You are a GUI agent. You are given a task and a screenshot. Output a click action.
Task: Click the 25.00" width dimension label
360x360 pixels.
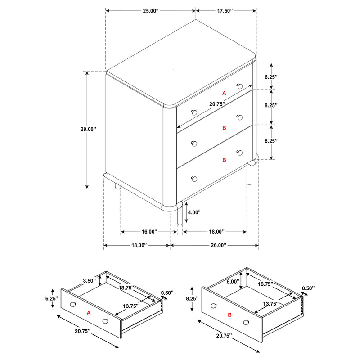click(151, 10)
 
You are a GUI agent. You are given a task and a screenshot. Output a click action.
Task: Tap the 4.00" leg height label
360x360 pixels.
click(193, 212)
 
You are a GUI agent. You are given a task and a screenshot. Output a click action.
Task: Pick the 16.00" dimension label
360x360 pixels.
click(149, 232)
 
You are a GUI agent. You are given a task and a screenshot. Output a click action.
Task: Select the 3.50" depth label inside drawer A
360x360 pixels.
click(89, 281)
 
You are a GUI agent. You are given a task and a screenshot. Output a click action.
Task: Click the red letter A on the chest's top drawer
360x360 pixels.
click(224, 93)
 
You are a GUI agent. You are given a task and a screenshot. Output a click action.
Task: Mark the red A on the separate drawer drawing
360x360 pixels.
click(89, 312)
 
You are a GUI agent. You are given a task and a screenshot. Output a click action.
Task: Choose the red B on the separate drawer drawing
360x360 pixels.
click(229, 315)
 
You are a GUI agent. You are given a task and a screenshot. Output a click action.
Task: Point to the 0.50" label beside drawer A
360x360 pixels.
click(167, 293)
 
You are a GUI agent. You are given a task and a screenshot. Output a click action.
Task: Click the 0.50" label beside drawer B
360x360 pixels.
click(308, 288)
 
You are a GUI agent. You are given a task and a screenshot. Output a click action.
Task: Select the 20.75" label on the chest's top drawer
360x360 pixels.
click(217, 104)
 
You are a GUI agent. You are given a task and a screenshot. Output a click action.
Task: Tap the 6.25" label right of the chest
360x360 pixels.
click(270, 77)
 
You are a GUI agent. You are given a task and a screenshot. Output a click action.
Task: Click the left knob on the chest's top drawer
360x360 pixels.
click(194, 112)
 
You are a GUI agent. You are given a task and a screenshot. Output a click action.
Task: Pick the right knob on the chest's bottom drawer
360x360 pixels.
click(239, 152)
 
